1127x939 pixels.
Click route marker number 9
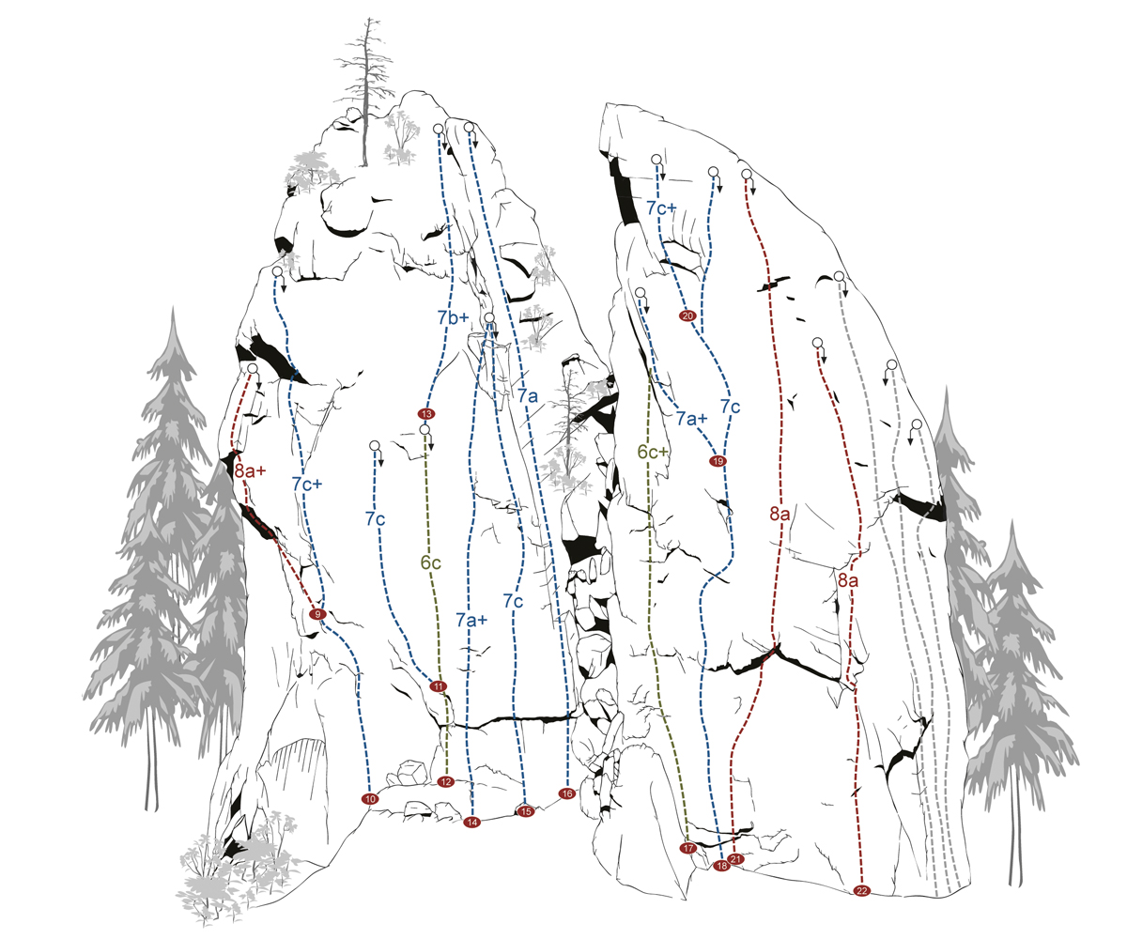[317, 613]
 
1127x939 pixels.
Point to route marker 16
[566, 793]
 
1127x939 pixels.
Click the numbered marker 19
[718, 461]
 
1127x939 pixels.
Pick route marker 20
[687, 316]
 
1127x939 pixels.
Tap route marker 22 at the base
[862, 889]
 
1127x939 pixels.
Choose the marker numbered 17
[688, 848]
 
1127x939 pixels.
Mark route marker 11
[438, 686]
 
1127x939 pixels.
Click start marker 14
[471, 823]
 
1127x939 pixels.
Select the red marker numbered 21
[736, 858]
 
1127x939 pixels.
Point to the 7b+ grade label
[453, 318]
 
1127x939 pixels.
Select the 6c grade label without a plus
[430, 564]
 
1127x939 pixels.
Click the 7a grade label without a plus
[527, 396]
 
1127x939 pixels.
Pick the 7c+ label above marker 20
[661, 208]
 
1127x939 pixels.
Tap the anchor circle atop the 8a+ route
[252, 370]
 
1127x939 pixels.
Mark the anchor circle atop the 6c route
[425, 430]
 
